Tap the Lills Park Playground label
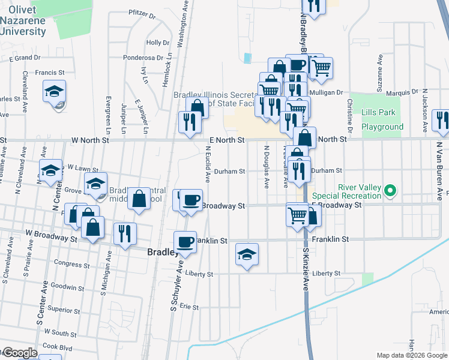coord(382,119)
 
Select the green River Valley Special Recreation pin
coord(391,191)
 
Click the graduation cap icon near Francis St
coord(54,92)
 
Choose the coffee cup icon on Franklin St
coord(185,242)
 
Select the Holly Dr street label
coord(157,43)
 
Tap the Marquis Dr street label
coord(402,92)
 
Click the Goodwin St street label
coord(65,287)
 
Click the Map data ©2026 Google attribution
coord(412,355)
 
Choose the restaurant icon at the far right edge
coord(442,121)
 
